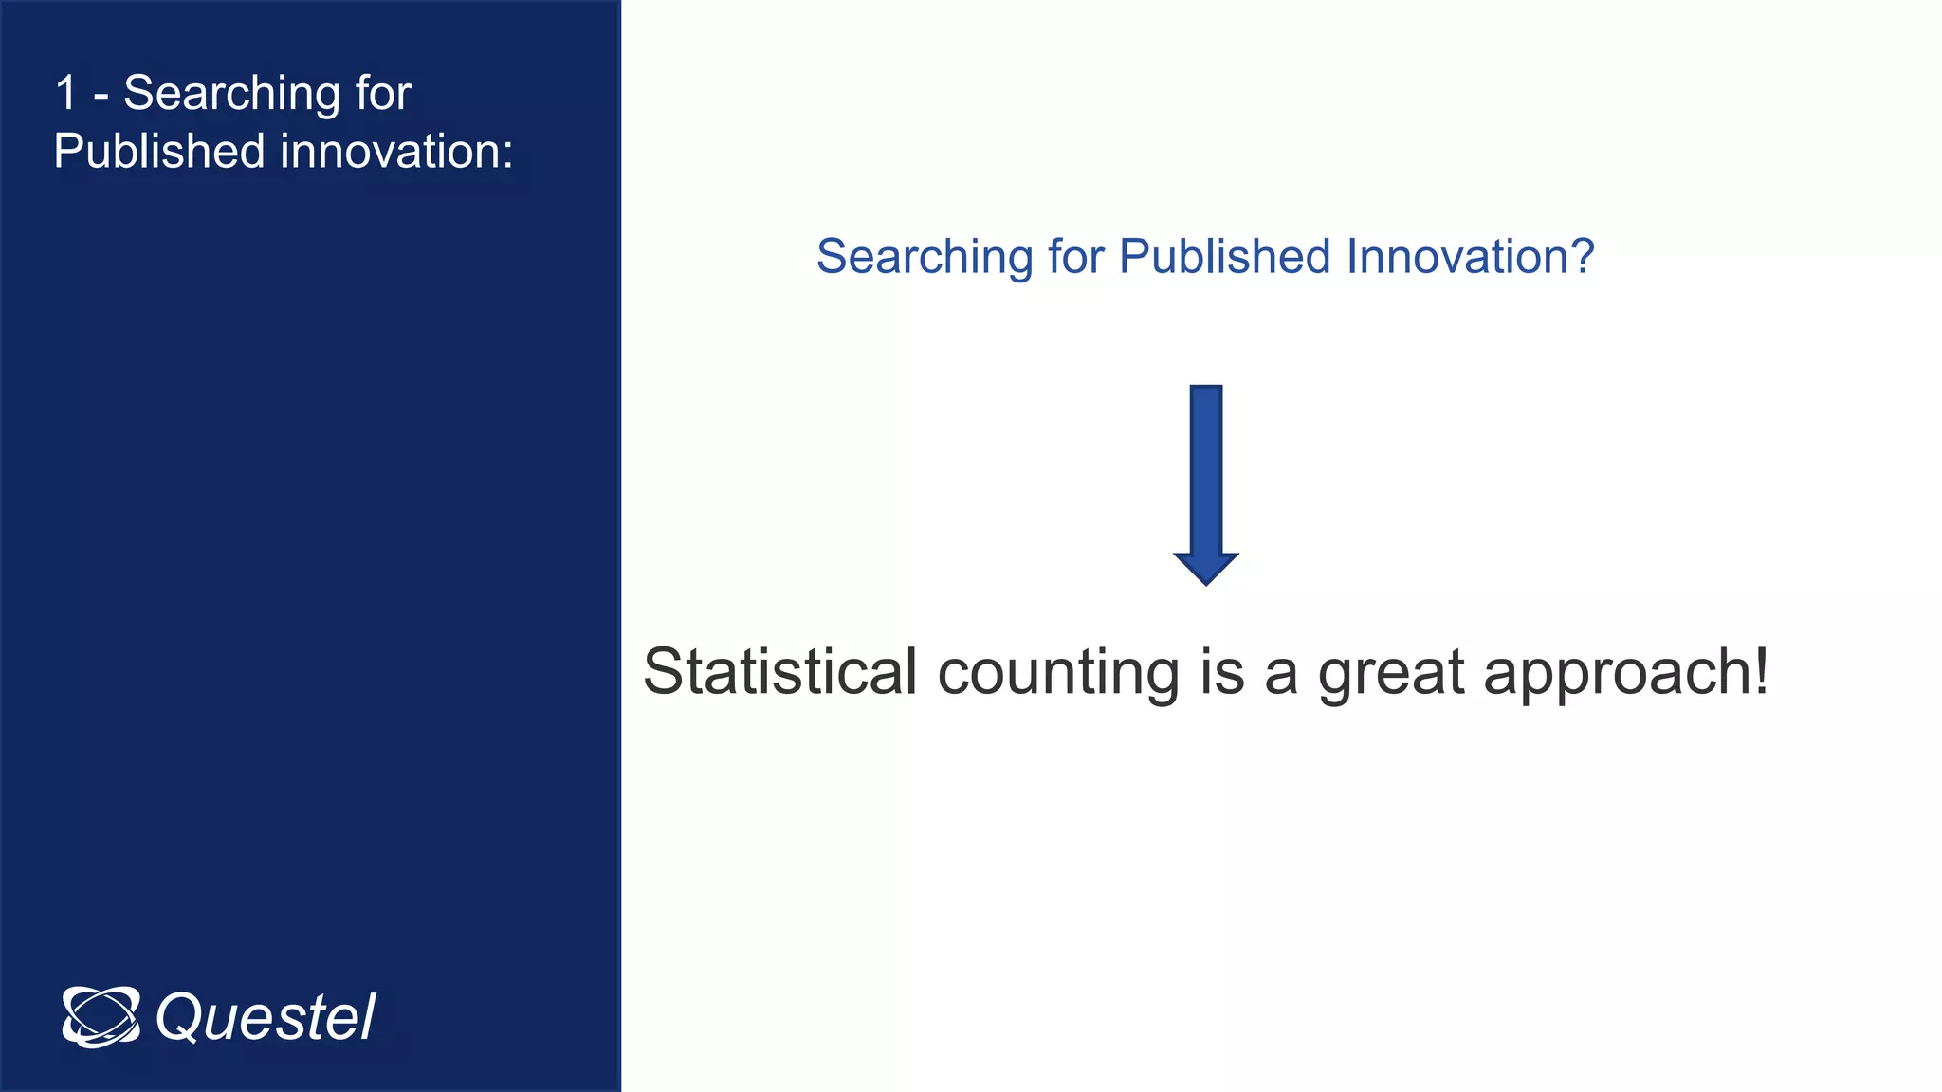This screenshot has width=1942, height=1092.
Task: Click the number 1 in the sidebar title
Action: point(65,94)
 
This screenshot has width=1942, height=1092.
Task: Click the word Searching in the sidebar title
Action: point(231,94)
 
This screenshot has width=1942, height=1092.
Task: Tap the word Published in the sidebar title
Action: point(158,152)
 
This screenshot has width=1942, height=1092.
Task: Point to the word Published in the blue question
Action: point(1225,257)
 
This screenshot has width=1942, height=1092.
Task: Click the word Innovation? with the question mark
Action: point(1470,257)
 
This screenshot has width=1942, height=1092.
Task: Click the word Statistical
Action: point(779,671)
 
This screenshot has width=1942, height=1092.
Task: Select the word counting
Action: point(1057,673)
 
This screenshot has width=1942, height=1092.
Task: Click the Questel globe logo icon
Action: point(101,1017)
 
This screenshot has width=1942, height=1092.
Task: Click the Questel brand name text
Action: point(266,1018)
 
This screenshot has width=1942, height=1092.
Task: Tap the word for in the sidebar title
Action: point(383,94)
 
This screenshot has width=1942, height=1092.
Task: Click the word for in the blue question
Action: point(1076,257)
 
